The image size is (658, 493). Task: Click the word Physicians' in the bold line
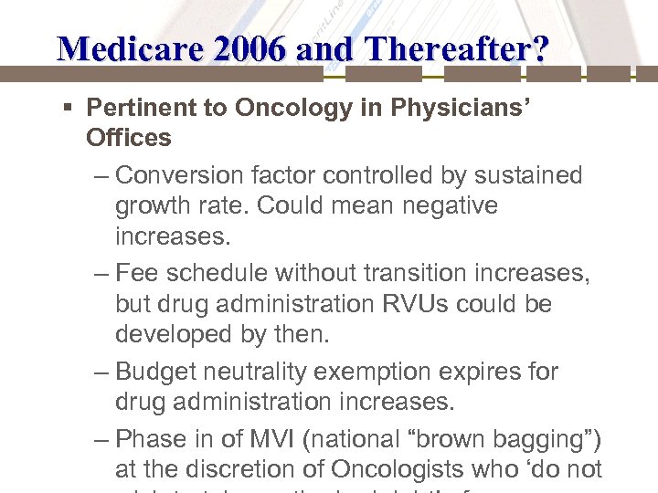457,107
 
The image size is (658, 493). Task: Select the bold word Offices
128,138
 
